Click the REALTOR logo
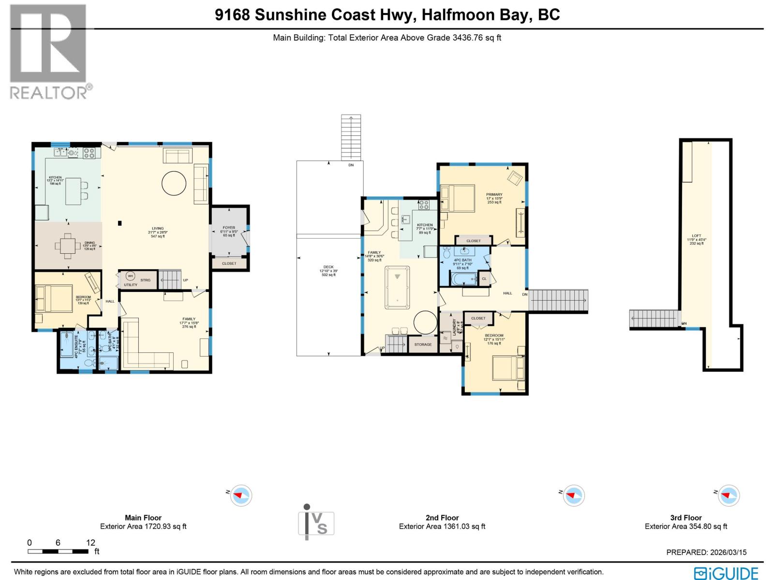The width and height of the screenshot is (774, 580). (x=48, y=51)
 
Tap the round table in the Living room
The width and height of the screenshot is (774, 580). (x=173, y=183)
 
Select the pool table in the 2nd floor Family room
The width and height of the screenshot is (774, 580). (x=397, y=287)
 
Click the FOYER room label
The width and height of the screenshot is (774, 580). (x=229, y=228)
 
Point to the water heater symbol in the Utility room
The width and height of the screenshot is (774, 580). (x=130, y=276)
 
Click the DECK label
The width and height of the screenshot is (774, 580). (x=328, y=267)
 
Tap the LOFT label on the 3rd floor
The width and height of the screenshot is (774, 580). (x=696, y=236)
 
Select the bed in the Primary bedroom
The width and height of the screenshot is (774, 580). (x=457, y=198)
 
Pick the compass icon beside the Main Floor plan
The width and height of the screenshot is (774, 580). (x=241, y=495)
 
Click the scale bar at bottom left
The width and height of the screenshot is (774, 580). (x=58, y=551)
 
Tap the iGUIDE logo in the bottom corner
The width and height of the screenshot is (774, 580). (x=726, y=573)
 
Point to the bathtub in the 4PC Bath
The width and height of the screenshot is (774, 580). (x=463, y=279)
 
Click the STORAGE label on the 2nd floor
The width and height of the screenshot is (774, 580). (x=423, y=345)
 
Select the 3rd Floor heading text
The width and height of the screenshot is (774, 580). (x=685, y=518)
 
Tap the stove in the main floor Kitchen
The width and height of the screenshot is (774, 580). (x=89, y=153)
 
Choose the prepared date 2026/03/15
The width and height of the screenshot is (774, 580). (x=706, y=552)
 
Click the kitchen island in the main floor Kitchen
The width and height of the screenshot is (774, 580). (x=74, y=191)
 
